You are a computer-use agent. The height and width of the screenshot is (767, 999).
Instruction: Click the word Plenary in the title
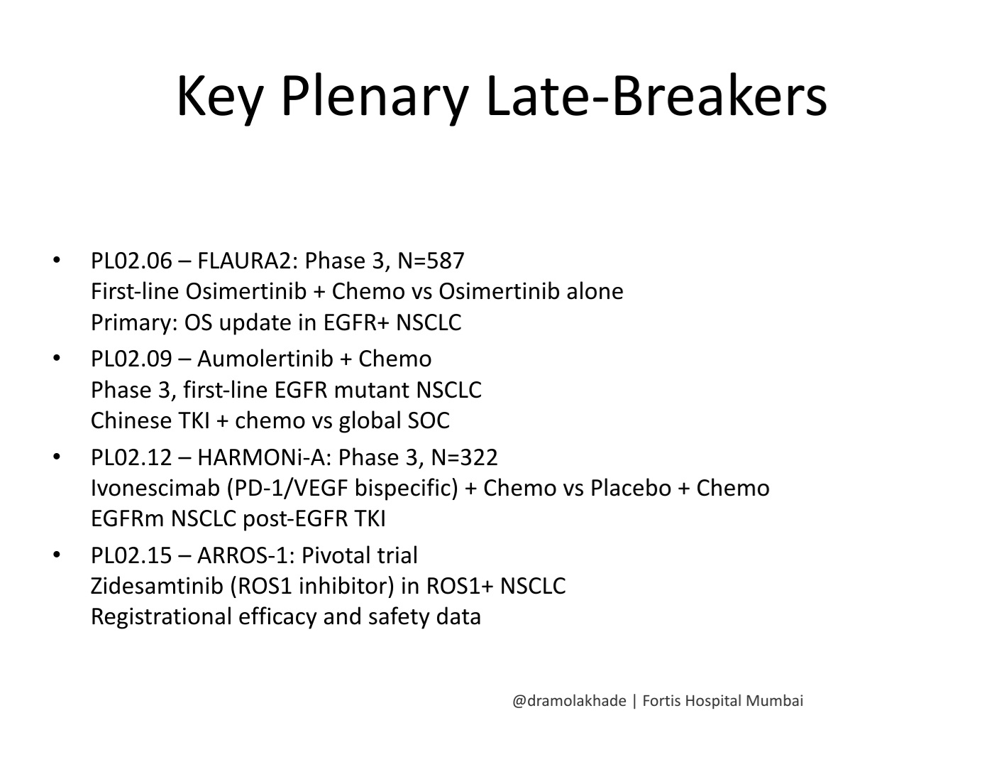375,98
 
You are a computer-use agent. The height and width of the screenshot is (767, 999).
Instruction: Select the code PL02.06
131,261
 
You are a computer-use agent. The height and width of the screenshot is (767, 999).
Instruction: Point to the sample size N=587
431,261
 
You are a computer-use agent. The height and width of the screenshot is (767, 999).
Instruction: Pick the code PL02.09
131,359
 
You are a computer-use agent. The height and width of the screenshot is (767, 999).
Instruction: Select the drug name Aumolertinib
265,359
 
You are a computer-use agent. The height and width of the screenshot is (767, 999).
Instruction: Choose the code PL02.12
131,457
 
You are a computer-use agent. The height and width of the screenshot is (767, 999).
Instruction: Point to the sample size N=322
464,457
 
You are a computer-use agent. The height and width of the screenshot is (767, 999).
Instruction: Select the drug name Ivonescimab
155,488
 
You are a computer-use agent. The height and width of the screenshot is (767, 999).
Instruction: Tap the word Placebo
631,488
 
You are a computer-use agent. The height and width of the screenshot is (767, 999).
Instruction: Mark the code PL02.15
131,555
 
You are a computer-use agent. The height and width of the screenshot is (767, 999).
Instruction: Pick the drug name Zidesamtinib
157,586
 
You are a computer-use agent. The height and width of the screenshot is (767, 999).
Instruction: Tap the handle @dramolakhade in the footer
569,701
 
